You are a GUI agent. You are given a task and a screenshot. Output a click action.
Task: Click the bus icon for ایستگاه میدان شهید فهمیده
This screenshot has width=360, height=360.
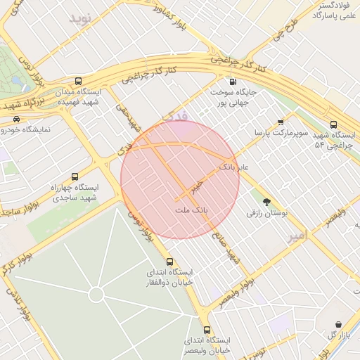(79, 81)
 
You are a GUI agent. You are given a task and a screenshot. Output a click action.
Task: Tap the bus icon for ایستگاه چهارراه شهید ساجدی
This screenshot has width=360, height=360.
(75, 176)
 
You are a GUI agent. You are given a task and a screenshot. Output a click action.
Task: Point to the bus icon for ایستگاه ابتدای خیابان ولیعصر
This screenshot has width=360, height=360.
(206, 329)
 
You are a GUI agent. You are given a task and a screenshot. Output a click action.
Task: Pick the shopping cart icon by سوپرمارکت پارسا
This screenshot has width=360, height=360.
(281, 121)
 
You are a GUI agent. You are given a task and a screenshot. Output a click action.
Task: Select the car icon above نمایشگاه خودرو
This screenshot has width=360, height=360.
(17, 119)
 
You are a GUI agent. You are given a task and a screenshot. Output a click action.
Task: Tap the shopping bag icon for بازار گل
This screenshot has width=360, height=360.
(340, 324)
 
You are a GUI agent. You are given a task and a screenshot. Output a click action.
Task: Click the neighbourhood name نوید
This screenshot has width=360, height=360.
(81, 19)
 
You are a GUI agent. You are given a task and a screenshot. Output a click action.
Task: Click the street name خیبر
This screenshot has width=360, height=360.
(198, 186)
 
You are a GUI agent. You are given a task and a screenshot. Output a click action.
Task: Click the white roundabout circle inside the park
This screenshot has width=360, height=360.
(96, 294)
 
